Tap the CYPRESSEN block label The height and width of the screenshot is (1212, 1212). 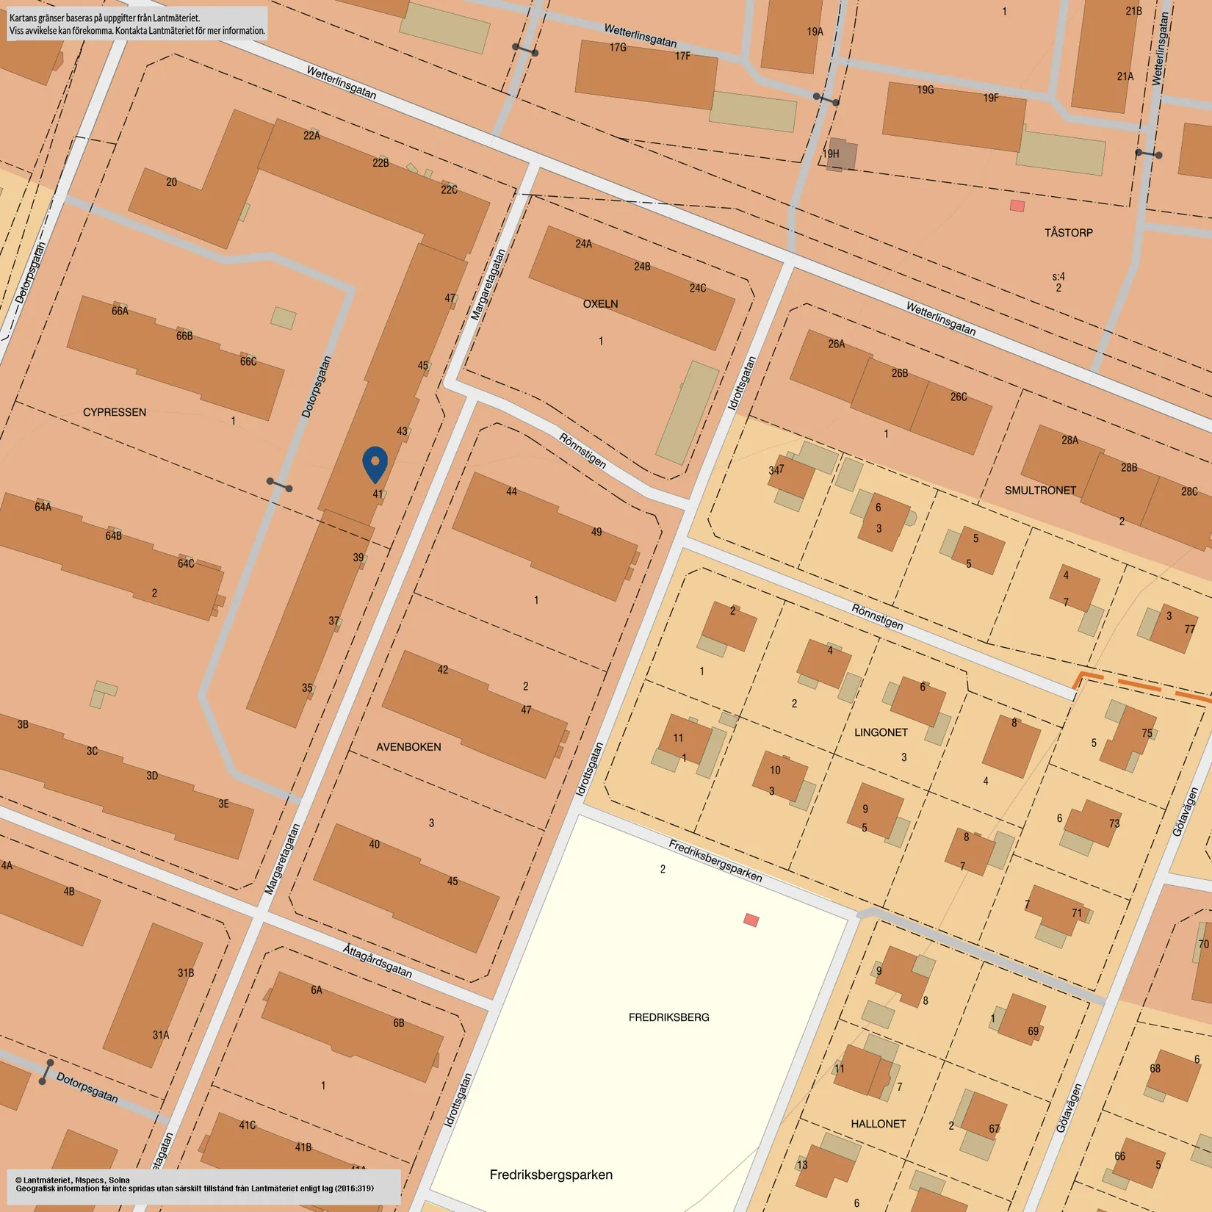(x=114, y=412)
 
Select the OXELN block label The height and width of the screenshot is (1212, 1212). (x=600, y=303)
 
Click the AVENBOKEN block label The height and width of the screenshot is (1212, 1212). (x=408, y=747)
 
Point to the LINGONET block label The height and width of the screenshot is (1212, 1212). (x=881, y=732)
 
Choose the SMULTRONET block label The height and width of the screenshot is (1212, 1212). (x=1040, y=490)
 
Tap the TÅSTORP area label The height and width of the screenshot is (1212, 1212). (x=1068, y=233)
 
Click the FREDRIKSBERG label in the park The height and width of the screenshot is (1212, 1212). (x=668, y=1017)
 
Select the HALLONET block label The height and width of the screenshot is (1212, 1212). (x=878, y=1124)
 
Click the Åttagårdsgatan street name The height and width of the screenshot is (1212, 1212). (x=378, y=961)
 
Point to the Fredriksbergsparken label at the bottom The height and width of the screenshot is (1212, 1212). (x=551, y=1175)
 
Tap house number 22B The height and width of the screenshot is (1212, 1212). (x=380, y=162)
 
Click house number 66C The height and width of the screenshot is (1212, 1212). (x=248, y=361)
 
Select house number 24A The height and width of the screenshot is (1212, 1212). (x=583, y=244)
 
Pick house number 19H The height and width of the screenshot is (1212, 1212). (x=831, y=154)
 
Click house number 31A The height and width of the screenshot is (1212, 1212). (x=161, y=1035)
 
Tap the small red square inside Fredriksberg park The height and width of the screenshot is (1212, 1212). (x=751, y=920)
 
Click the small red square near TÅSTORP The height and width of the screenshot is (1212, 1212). (x=1017, y=206)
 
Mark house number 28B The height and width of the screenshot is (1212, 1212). (x=1129, y=467)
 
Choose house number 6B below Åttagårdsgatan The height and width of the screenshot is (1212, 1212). (x=399, y=1022)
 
